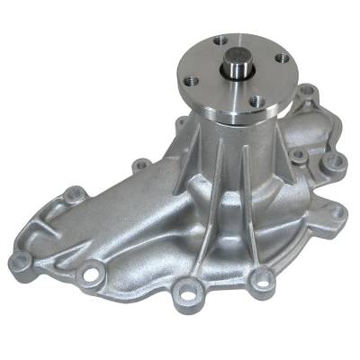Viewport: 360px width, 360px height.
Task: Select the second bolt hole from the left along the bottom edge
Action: click(91, 271)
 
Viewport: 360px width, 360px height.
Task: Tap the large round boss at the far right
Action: click(336, 163)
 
